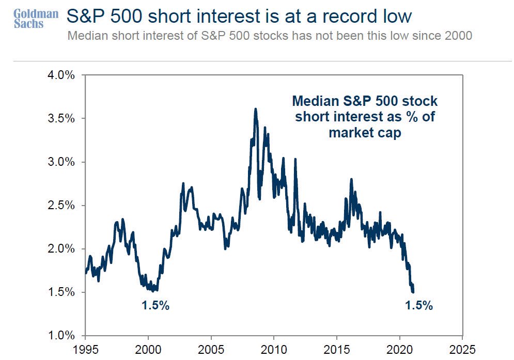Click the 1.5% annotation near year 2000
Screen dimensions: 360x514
[x=155, y=305]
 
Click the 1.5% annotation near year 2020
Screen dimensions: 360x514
[x=418, y=305]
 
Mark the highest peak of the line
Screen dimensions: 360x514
[x=255, y=109]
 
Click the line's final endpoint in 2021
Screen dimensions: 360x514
[x=413, y=292]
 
